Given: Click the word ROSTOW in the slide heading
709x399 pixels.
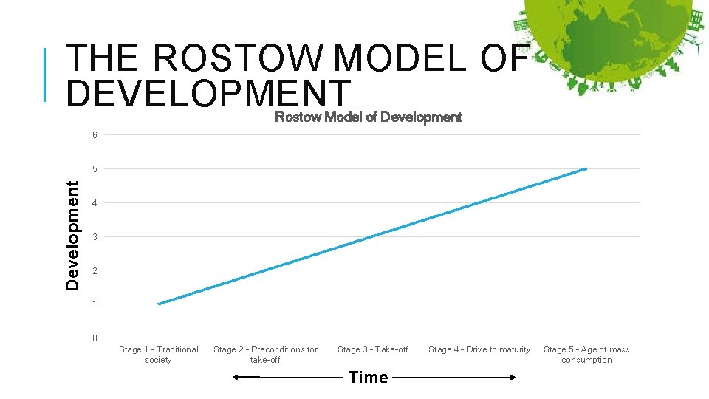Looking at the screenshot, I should pyautogui.click(x=239, y=58).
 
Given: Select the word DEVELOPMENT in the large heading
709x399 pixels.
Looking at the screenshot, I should pyautogui.click(x=208, y=94).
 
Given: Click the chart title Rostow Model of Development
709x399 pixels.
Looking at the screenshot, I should pyautogui.click(x=368, y=117).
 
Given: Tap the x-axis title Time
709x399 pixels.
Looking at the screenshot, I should pyautogui.click(x=368, y=378).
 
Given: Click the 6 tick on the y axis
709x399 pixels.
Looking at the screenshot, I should pyautogui.click(x=95, y=135).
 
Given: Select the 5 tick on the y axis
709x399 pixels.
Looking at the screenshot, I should pyautogui.click(x=95, y=169).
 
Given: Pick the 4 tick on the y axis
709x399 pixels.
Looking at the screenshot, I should pyautogui.click(x=95, y=203).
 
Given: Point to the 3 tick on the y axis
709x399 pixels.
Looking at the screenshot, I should pyautogui.click(x=95, y=237).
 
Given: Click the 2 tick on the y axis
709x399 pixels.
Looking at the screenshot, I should pyautogui.click(x=95, y=271).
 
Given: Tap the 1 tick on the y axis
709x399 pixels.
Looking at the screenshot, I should pyautogui.click(x=95, y=304).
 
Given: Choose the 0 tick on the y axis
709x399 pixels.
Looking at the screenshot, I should pyautogui.click(x=95, y=338).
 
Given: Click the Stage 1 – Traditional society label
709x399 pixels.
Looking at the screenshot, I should pyautogui.click(x=159, y=355).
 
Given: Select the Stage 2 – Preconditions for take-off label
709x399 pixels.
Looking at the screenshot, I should pyautogui.click(x=265, y=355).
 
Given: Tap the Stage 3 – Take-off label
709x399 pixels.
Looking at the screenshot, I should pyautogui.click(x=372, y=349).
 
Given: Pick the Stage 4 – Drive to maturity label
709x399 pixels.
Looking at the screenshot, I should pyautogui.click(x=479, y=349).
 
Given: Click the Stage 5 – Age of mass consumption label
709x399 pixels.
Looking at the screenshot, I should pyautogui.click(x=586, y=355).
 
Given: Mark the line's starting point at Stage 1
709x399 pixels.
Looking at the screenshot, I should pyautogui.click(x=159, y=304).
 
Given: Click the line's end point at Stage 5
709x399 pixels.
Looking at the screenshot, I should pyautogui.click(x=586, y=169).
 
